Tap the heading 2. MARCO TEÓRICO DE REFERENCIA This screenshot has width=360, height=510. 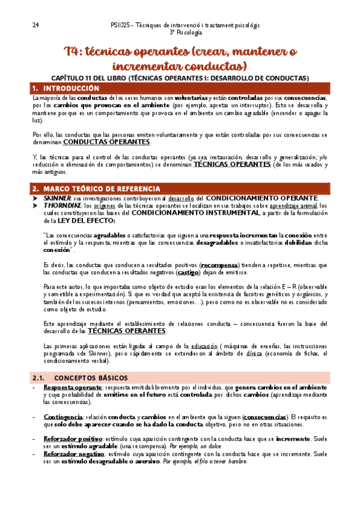tap(96, 188)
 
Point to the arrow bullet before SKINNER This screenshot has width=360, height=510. tap(35, 198)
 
